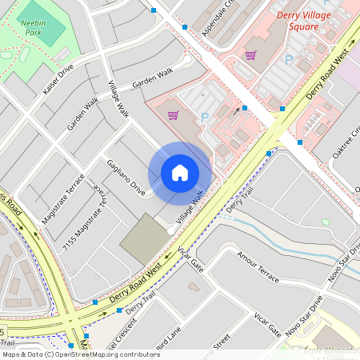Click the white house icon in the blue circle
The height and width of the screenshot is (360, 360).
pyautogui.click(x=180, y=173)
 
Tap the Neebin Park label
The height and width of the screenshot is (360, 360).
pyautogui.click(x=33, y=29)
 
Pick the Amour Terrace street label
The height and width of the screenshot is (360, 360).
pyautogui.click(x=258, y=266)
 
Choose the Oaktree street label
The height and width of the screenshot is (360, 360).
pyautogui.click(x=346, y=143)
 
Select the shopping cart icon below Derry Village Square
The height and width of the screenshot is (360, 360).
pyautogui.click(x=250, y=55)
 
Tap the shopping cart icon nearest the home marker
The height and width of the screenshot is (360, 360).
pyautogui.click(x=173, y=115)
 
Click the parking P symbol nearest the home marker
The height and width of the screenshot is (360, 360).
pyautogui.click(x=204, y=118)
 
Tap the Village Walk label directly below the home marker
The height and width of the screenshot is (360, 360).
pyautogui.click(x=189, y=206)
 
